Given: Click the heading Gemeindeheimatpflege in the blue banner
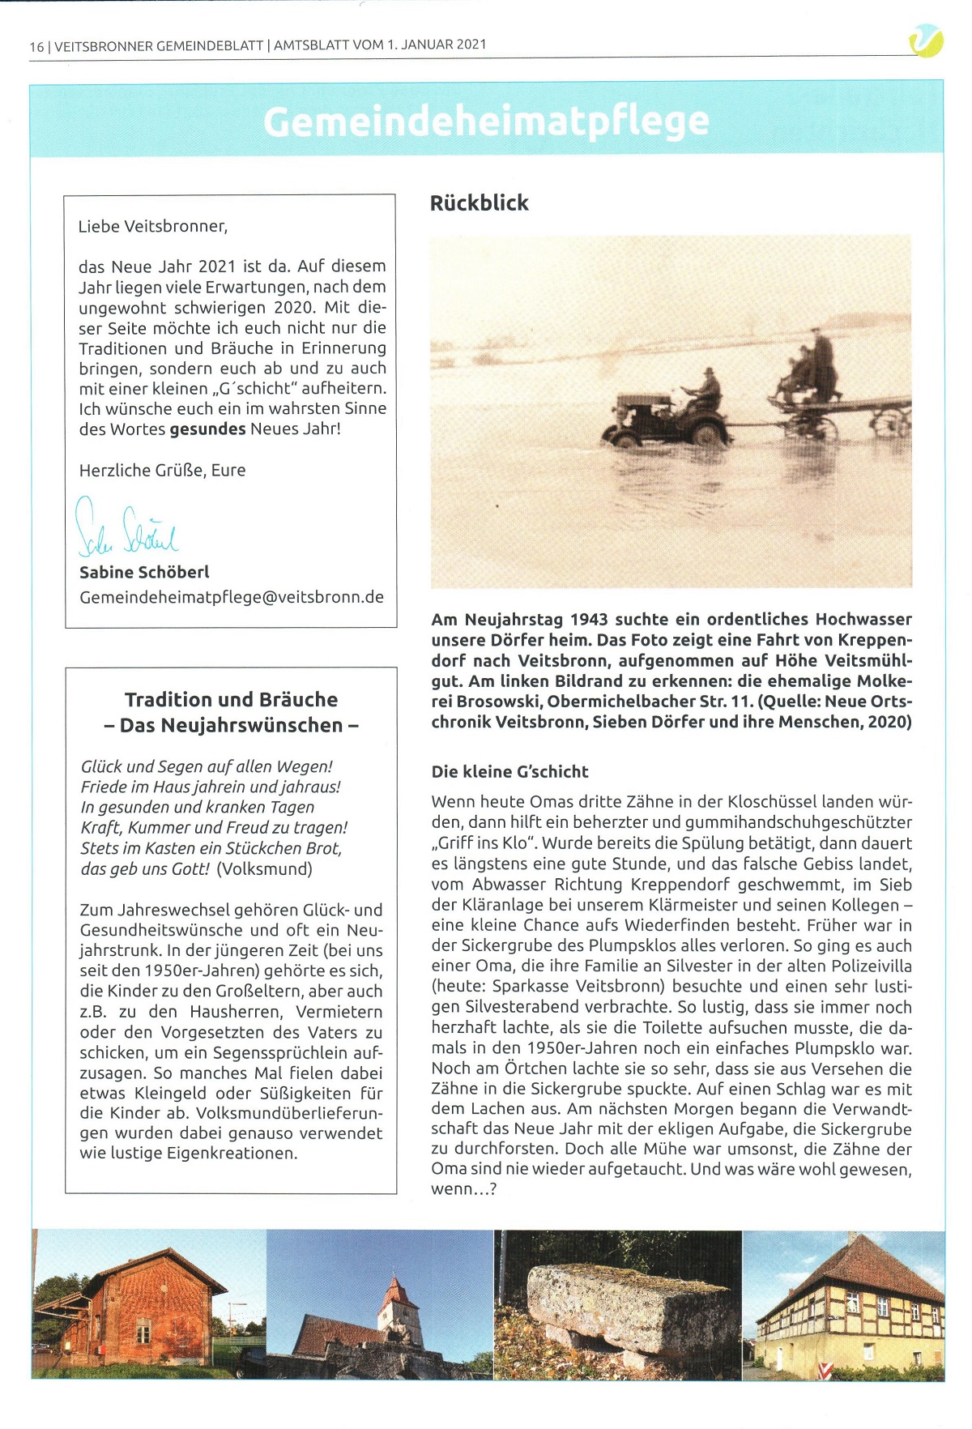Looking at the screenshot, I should (x=486, y=122).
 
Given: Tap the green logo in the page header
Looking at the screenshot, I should (x=926, y=41).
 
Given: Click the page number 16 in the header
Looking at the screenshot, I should (x=36, y=46).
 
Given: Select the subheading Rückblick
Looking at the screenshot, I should (x=479, y=203).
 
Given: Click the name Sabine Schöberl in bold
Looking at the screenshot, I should (x=144, y=572).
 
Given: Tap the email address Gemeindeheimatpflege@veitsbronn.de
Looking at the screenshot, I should (x=232, y=597).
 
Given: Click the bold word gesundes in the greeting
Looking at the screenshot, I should (x=207, y=429).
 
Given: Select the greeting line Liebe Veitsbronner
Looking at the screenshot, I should (x=153, y=226).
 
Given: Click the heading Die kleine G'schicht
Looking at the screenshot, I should (x=509, y=771).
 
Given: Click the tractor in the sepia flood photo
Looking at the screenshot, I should (x=664, y=419).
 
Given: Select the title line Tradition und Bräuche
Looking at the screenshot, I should (x=231, y=699).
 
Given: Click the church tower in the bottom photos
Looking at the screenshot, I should (x=399, y=1304).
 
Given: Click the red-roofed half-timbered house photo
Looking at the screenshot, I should (x=846, y=1304).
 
